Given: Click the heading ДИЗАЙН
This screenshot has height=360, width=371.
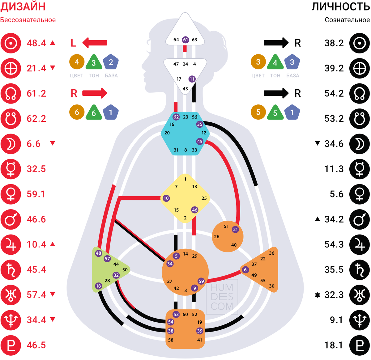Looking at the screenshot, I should tap(23, 6).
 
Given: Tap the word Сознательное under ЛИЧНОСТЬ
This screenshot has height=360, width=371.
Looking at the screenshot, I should tap(347, 20).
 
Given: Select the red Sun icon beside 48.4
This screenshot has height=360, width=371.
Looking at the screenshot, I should tap(11, 43).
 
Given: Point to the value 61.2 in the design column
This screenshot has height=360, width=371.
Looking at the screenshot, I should tap(36, 93).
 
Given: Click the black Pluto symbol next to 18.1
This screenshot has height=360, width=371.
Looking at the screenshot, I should tap(360, 345).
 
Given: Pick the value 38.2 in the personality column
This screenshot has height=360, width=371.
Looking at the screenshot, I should tap(334, 43).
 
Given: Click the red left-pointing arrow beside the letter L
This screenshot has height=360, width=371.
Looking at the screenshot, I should tap(95, 43).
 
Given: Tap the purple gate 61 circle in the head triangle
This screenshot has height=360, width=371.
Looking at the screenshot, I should tap(185, 40).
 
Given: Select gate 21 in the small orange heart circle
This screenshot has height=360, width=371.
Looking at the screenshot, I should tap(236, 229).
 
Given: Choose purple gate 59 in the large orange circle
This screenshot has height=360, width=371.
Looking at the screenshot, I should tap(201, 281).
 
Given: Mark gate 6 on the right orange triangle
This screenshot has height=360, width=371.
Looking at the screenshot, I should tap(245, 270).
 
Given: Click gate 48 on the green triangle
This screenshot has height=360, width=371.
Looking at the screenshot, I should tap(98, 253).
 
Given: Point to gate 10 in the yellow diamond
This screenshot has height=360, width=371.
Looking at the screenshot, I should tap(166, 198).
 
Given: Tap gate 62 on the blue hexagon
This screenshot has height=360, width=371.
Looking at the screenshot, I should tap(176, 117).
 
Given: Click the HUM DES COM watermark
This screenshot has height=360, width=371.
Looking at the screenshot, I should tap(222, 297).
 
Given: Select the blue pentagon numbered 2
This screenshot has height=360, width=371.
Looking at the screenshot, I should tap(111, 62).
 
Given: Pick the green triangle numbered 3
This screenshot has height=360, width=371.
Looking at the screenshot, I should tap(94, 63).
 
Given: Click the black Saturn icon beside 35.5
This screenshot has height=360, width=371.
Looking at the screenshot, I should tap(360, 270).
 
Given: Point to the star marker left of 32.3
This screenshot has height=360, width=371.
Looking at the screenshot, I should tap(317, 295).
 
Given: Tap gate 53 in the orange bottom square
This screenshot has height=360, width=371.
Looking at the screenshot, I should tap(176, 314).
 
